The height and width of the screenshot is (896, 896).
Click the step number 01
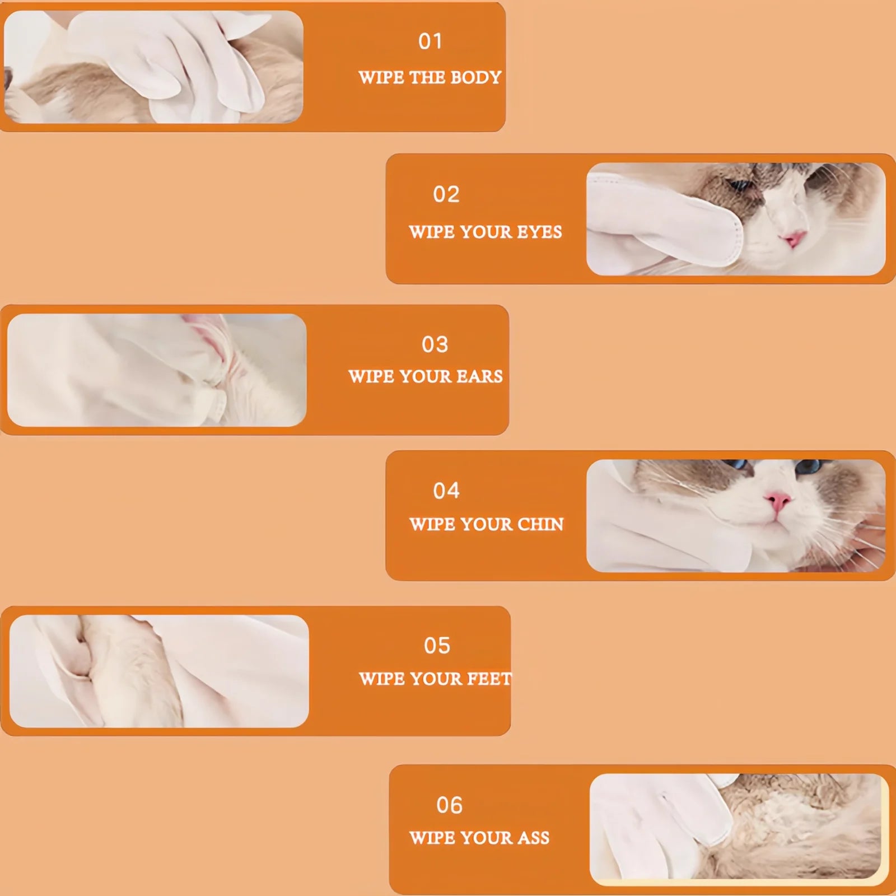pyautogui.click(x=430, y=41)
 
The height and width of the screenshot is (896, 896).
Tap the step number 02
pyautogui.click(x=446, y=194)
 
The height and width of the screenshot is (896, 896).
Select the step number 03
pyautogui.click(x=435, y=344)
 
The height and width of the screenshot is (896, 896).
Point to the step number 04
pyautogui.click(x=446, y=491)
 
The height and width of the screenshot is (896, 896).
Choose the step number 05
pyautogui.click(x=437, y=646)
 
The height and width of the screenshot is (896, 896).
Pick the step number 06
pyautogui.click(x=449, y=805)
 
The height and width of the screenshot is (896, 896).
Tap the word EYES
pyautogui.click(x=539, y=232)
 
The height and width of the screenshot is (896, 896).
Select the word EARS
pyautogui.click(x=479, y=376)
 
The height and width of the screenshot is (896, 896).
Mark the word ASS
pyautogui.click(x=533, y=838)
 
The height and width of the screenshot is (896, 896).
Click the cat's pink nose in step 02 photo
pyautogui.click(x=794, y=239)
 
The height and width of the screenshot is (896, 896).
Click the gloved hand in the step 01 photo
pyautogui.click(x=185, y=62)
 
